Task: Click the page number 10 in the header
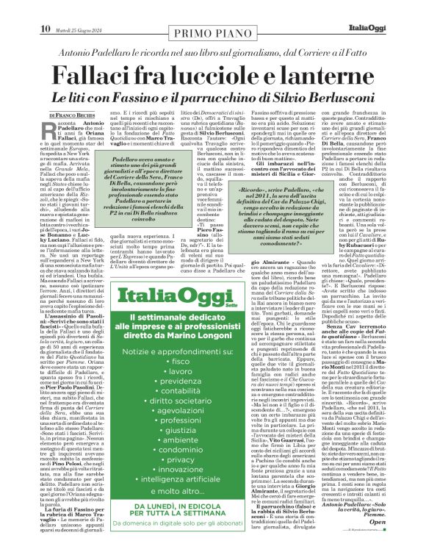(45, 8)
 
